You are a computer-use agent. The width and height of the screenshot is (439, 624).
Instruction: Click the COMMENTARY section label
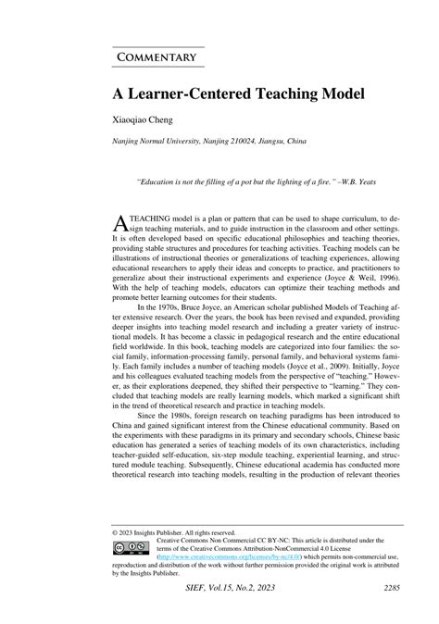coord(157,57)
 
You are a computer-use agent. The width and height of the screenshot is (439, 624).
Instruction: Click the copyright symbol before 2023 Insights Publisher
coord(115,533)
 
